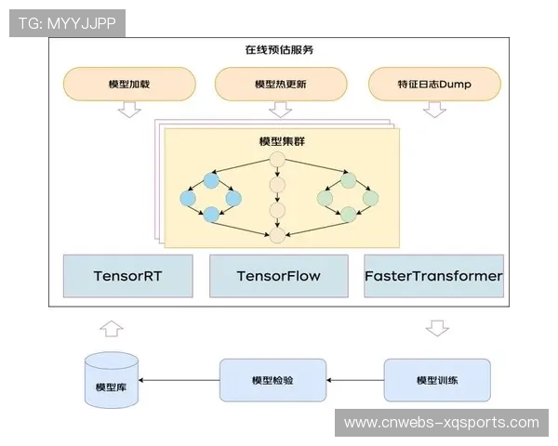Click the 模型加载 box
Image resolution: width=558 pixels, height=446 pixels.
(x=129, y=84)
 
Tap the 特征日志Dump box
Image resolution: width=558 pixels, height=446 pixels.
(x=433, y=84)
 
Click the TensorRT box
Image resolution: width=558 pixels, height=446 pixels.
(x=127, y=276)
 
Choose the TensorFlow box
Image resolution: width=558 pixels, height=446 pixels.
(x=279, y=276)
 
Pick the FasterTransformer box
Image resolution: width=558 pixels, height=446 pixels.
(x=433, y=276)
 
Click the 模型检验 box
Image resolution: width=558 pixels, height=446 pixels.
(x=272, y=381)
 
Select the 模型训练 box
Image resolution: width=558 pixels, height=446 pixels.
(x=437, y=381)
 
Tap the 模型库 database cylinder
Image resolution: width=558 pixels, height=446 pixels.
(x=111, y=380)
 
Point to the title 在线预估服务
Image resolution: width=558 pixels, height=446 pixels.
(x=279, y=50)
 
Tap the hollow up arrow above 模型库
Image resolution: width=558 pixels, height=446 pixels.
(x=112, y=327)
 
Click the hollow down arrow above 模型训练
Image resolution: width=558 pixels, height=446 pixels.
(x=437, y=327)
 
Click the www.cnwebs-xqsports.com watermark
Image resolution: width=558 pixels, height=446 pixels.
(x=441, y=423)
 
